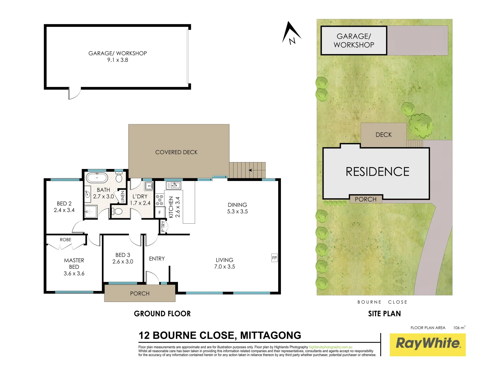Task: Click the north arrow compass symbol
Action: pyautogui.click(x=291, y=33)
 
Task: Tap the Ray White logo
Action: pyautogui.click(x=428, y=344)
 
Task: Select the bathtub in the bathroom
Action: pyautogui.click(x=97, y=178)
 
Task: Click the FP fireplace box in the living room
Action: pyautogui.click(x=274, y=258)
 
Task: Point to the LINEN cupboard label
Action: pyautogui.click(x=122, y=196)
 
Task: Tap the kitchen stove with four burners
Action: pyautogui.click(x=159, y=200)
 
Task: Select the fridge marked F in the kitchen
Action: pyautogui.click(x=159, y=213)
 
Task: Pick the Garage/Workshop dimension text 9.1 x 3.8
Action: pyautogui.click(x=117, y=60)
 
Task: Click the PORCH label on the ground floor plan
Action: pyautogui.click(x=140, y=293)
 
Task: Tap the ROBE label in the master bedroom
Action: pyautogui.click(x=66, y=239)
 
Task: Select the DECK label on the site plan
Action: pyautogui.click(x=383, y=135)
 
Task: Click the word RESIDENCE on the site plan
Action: pyautogui.click(x=377, y=172)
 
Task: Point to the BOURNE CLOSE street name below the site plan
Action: pyautogui.click(x=382, y=302)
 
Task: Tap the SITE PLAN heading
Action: pyautogui.click(x=384, y=314)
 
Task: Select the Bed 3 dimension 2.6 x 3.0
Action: pyautogui.click(x=123, y=261)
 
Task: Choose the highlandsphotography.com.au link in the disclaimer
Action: pyautogui.click(x=330, y=347)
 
